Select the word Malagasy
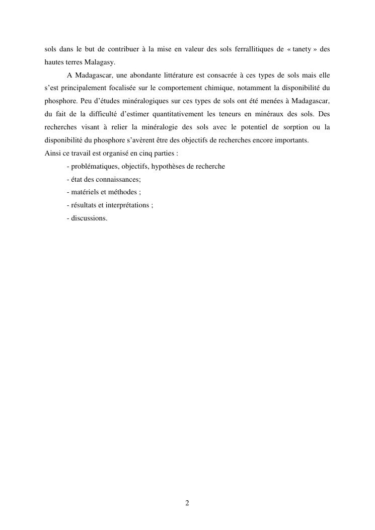tap(100, 62)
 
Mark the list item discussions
tap(88, 218)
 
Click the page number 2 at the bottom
tap(187, 503)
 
